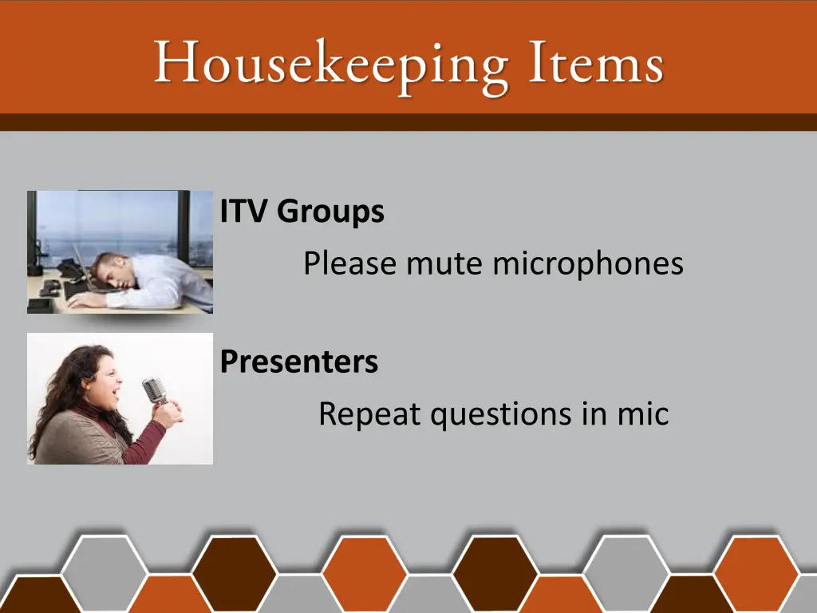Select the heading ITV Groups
tap(302, 212)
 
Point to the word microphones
tap(587, 263)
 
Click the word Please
tap(350, 263)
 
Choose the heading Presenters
tap(299, 362)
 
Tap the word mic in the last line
tap(642, 414)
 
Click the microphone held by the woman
tap(154, 390)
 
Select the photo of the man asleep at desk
tap(120, 251)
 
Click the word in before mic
tap(591, 414)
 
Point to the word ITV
tap(246, 212)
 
